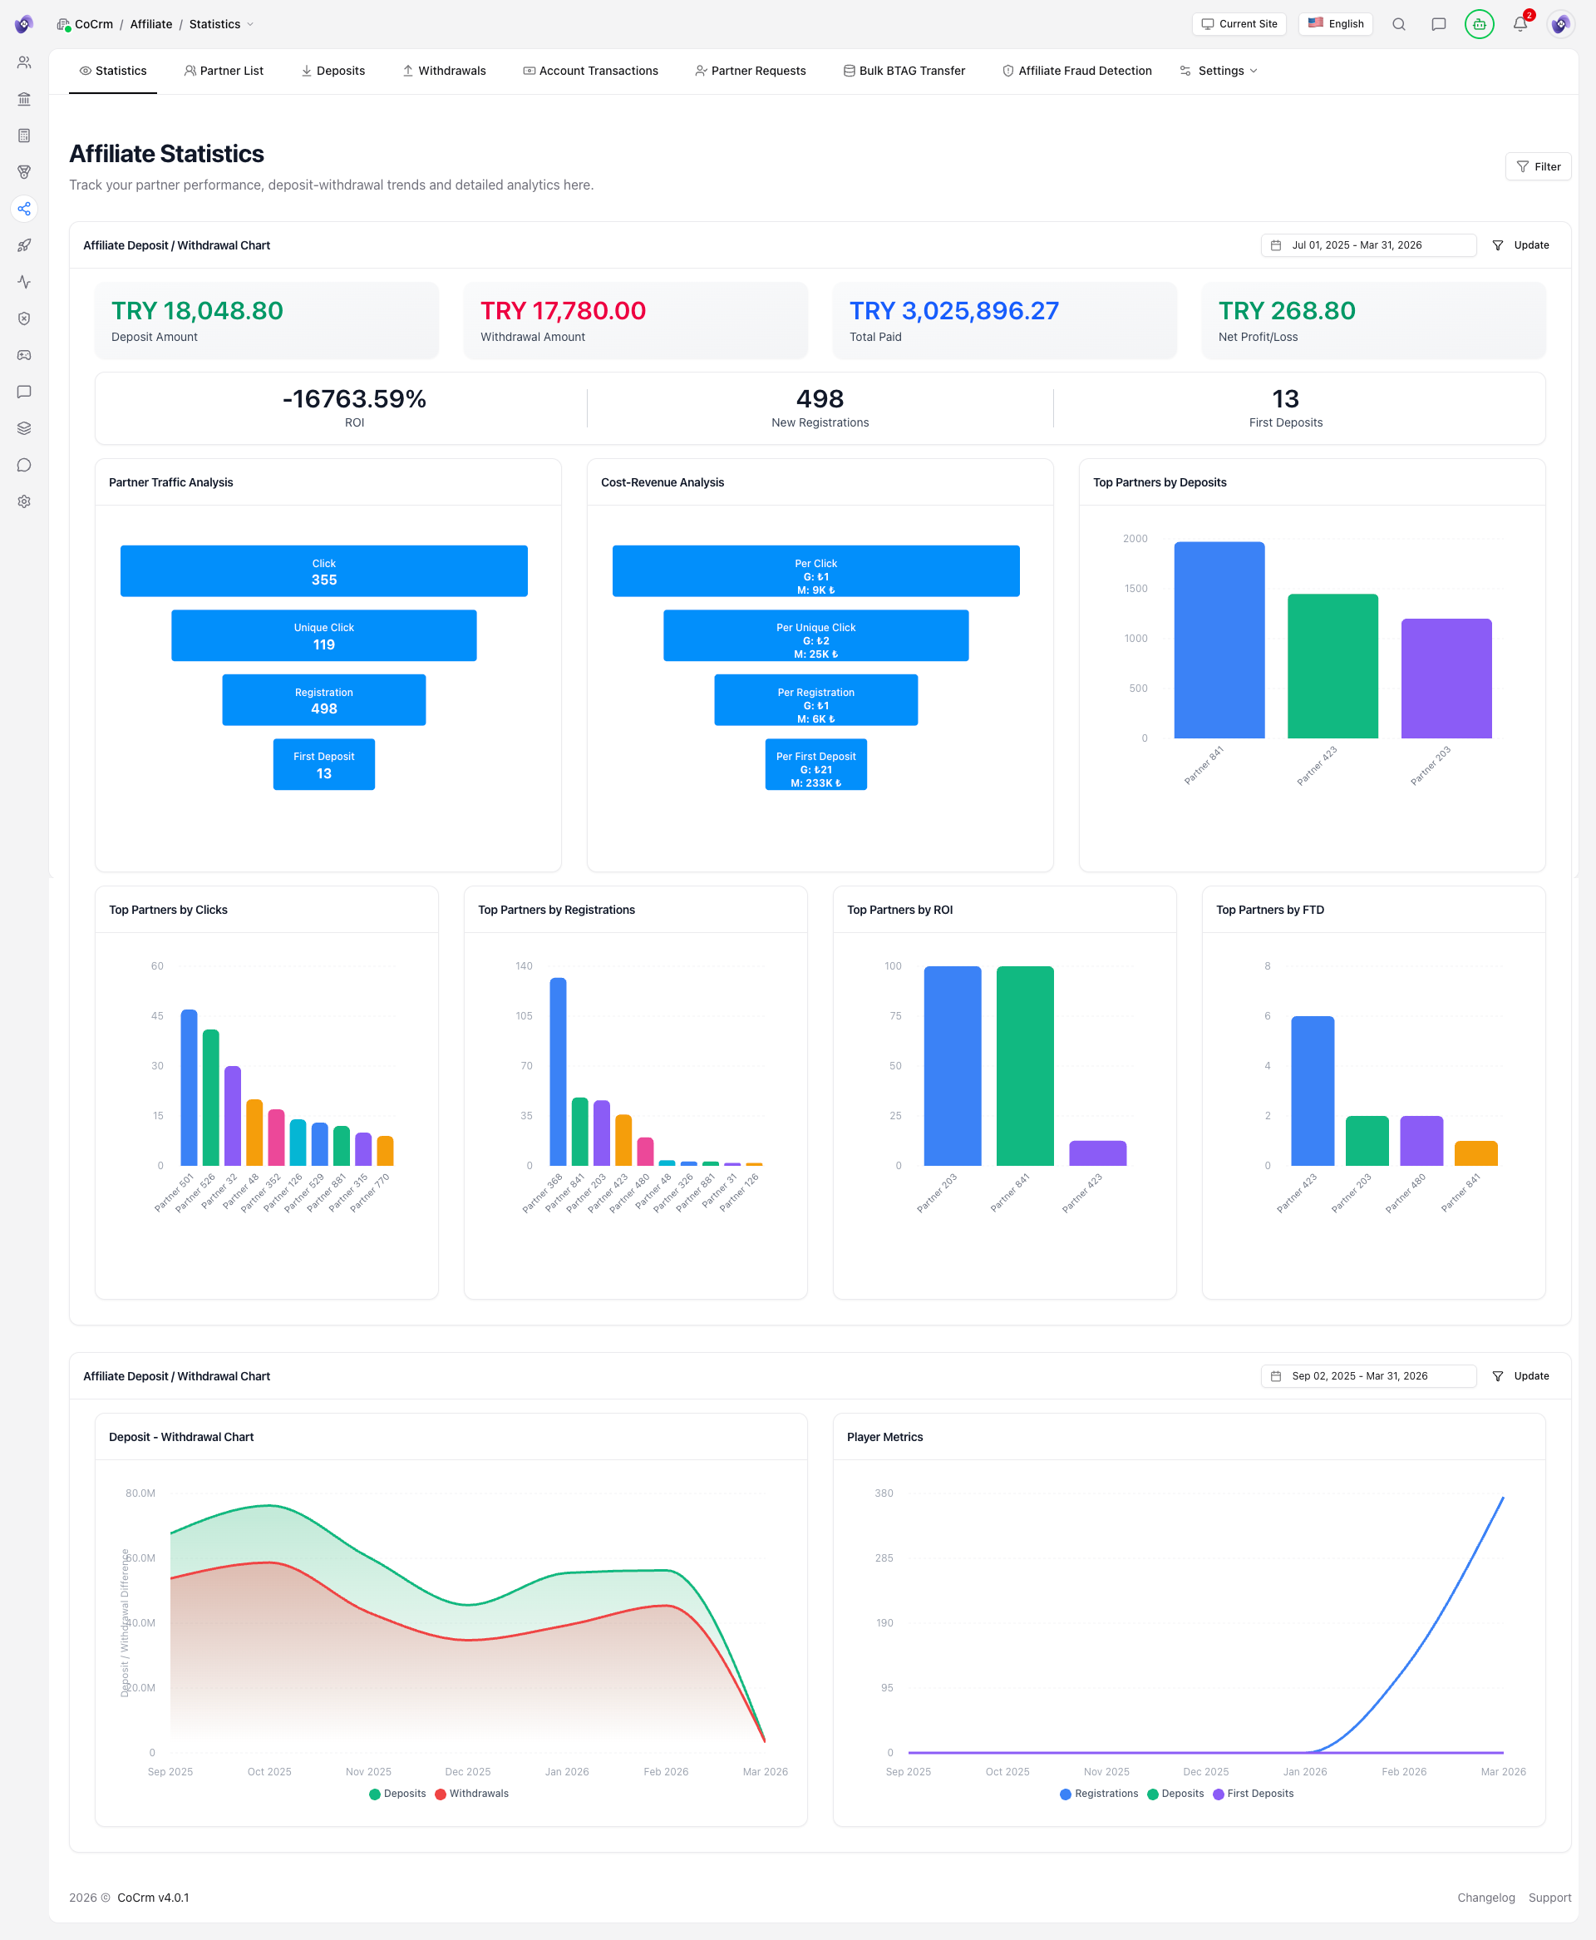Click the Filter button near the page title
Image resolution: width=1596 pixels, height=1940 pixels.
(1538, 166)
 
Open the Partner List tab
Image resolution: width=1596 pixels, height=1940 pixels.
(224, 71)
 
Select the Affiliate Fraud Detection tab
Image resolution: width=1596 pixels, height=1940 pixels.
(1076, 71)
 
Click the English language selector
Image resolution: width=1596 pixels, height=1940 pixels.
(1335, 24)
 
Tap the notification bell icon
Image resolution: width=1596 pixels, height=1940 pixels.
(1520, 25)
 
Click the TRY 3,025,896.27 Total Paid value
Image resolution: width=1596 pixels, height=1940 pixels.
(953, 311)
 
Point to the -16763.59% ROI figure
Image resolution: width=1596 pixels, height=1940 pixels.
(354, 399)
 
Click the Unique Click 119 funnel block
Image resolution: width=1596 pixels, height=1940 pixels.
(323, 635)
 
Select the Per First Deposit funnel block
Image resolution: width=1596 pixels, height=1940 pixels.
(815, 764)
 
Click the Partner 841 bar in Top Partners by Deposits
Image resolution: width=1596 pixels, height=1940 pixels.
(1219, 640)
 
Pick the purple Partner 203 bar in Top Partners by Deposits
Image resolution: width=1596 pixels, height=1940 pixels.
(1446, 679)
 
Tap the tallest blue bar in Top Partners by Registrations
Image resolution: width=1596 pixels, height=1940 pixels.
(558, 1071)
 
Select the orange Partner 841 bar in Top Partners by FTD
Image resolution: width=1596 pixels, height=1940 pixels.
(1475, 1153)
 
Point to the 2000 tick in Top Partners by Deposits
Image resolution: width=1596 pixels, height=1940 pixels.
(1135, 539)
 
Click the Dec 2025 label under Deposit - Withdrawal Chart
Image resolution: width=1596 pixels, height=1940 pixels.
(467, 1771)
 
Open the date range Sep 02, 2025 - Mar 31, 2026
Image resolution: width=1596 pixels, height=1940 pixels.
(1367, 1375)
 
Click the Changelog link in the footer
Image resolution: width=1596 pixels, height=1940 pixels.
(1485, 1897)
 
